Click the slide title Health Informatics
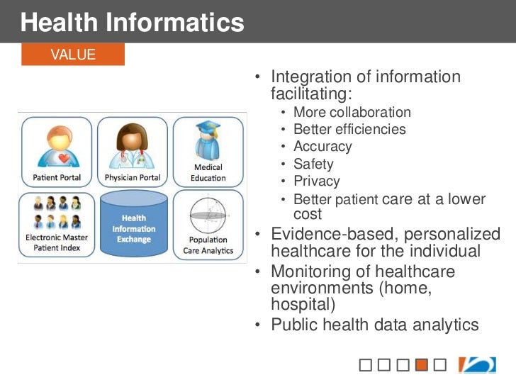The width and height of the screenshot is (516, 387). (133, 23)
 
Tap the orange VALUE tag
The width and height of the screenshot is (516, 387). (73, 55)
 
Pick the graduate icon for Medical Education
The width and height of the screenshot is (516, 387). (208, 139)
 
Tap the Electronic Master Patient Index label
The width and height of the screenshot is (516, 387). (57, 242)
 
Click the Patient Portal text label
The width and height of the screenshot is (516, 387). (57, 177)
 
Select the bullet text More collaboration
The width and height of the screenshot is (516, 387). (352, 113)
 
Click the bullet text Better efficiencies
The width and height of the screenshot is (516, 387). (349, 130)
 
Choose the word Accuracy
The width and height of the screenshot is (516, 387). (322, 147)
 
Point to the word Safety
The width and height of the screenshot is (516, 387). (313, 164)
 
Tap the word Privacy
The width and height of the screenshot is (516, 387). (316, 181)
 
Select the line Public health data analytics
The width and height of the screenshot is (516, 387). (375, 325)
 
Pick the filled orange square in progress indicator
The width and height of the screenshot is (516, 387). (421, 366)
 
